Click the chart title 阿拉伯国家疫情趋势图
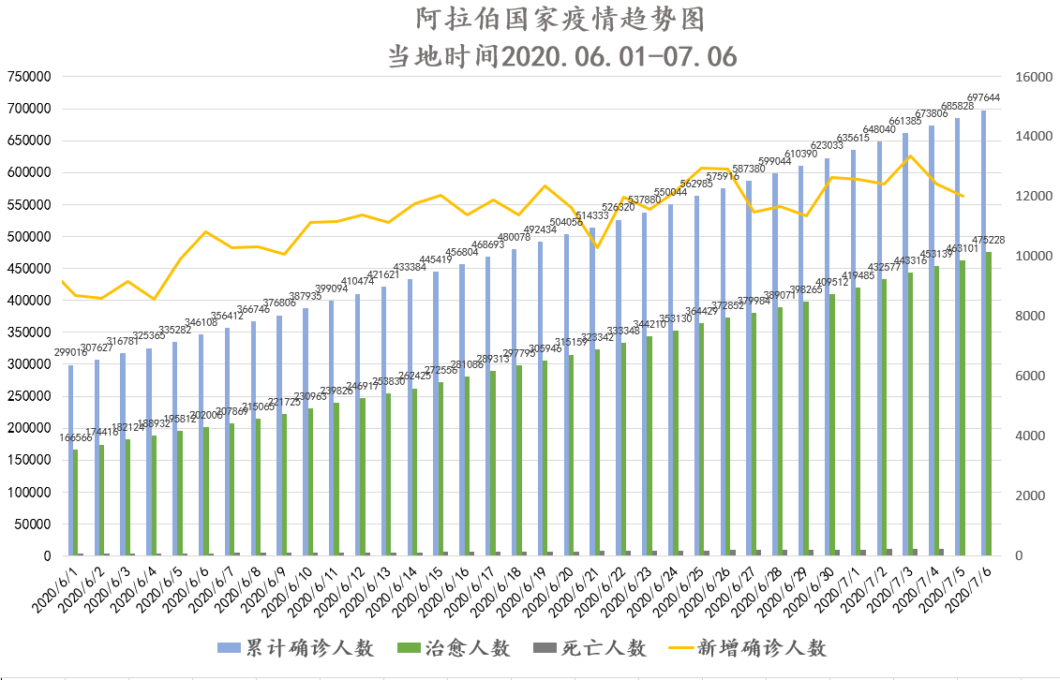tap(560, 19)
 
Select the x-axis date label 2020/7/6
tap(972, 585)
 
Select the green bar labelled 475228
tap(989, 404)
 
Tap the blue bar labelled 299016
tap(70, 460)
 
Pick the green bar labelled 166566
tap(75, 502)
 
